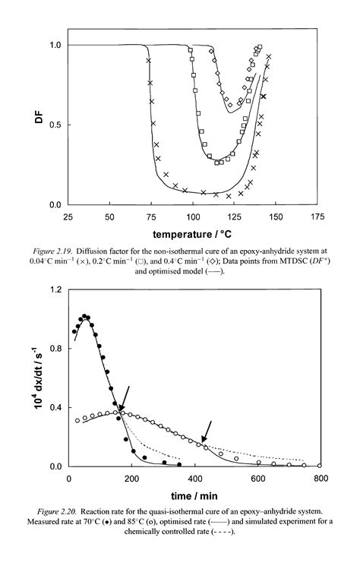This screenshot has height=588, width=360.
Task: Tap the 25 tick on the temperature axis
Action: (68, 217)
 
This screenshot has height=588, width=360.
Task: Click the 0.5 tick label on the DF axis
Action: (54, 125)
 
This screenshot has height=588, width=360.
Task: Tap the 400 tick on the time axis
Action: (194, 478)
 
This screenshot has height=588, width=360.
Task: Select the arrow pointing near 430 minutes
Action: (207, 431)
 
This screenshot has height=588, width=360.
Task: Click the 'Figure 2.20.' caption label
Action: (82, 510)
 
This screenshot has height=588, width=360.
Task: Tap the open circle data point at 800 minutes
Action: (319, 466)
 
